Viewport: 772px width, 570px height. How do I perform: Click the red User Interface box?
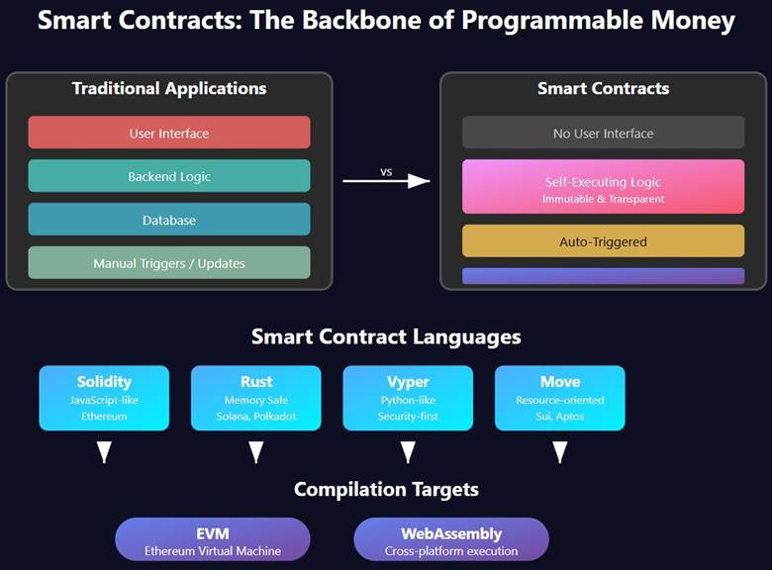click(168, 133)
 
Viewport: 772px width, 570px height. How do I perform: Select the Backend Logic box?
click(168, 176)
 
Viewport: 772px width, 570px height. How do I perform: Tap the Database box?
click(168, 220)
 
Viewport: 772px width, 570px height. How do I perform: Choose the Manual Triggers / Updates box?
click(168, 263)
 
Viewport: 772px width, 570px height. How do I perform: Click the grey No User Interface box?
click(603, 133)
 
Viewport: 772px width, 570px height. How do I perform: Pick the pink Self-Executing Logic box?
click(603, 187)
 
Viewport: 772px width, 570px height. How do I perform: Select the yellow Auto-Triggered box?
click(603, 240)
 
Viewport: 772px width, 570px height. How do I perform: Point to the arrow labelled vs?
click(386, 180)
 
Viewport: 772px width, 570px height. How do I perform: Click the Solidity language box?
click(104, 398)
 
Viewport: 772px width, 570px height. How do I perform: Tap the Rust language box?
click(255, 398)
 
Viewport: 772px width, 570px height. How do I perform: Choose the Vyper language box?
click(408, 398)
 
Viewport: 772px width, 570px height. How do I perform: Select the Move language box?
click(559, 398)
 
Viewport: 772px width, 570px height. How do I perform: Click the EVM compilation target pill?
click(213, 539)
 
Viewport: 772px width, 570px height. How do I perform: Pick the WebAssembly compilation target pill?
click(451, 539)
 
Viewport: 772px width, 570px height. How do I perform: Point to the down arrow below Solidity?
click(104, 452)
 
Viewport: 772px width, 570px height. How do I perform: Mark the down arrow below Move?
click(559, 452)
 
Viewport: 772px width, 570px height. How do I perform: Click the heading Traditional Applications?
click(168, 89)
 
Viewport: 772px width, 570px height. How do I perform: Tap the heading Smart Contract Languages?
click(386, 336)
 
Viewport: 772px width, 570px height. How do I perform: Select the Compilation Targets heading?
click(386, 489)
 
